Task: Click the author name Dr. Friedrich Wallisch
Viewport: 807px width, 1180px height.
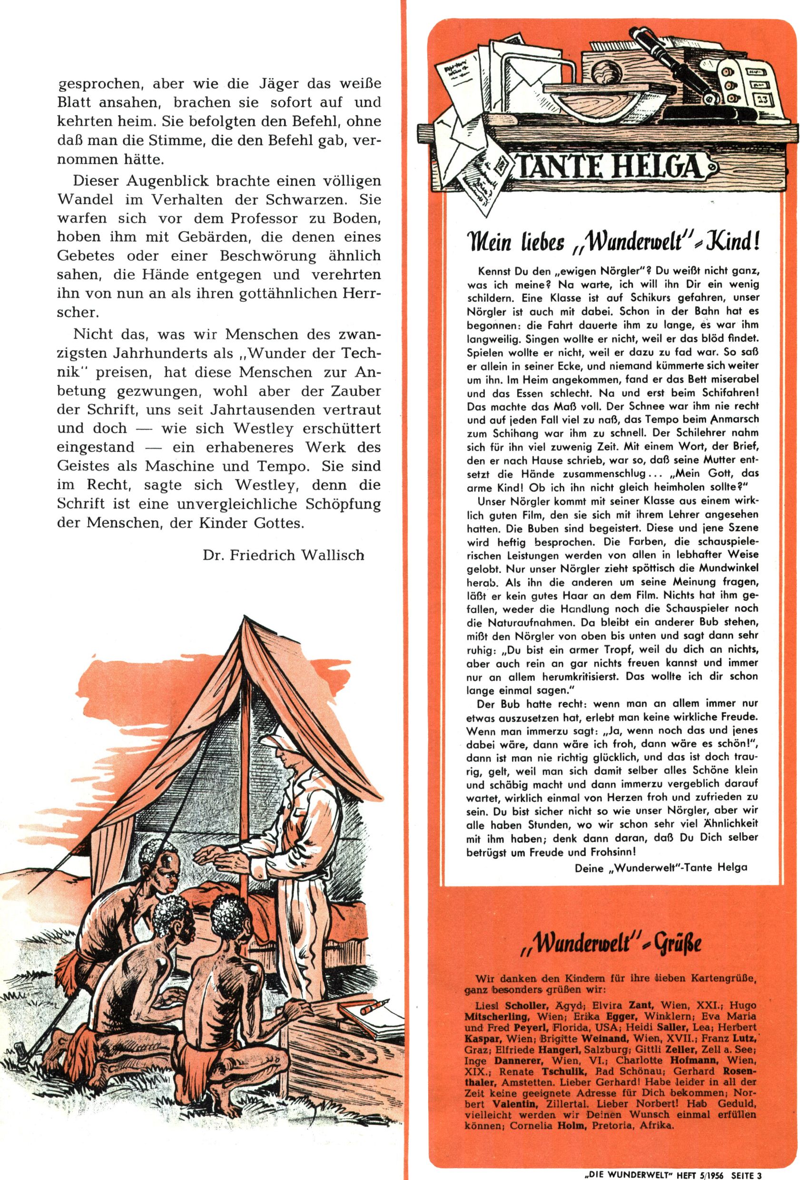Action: [x=284, y=554]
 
